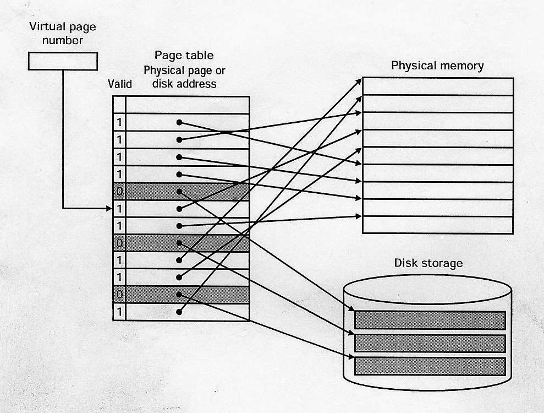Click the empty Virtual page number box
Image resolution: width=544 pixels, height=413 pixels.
(x=63, y=61)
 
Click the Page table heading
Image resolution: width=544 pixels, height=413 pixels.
(x=184, y=56)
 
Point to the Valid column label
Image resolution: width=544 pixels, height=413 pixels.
(x=120, y=84)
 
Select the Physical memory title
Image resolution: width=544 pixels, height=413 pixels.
(x=437, y=66)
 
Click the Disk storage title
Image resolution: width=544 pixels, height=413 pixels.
(x=428, y=263)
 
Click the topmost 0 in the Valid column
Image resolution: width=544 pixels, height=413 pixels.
(x=119, y=192)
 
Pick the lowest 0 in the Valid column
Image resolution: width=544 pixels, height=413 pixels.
(x=119, y=295)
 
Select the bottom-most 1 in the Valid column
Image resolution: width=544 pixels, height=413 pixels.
(x=119, y=312)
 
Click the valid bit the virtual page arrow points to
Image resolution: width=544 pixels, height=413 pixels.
(x=119, y=209)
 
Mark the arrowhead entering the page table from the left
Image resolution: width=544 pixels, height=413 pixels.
(x=109, y=209)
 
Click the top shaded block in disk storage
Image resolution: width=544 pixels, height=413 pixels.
(x=430, y=320)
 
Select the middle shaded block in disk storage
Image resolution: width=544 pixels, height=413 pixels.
(x=430, y=343)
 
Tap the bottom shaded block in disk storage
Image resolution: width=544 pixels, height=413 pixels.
(x=430, y=366)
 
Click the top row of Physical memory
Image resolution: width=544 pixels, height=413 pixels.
(x=438, y=86)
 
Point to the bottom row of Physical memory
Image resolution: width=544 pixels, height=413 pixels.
(x=438, y=225)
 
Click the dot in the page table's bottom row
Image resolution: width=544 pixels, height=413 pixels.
(x=179, y=312)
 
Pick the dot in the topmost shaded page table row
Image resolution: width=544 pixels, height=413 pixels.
(x=179, y=192)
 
